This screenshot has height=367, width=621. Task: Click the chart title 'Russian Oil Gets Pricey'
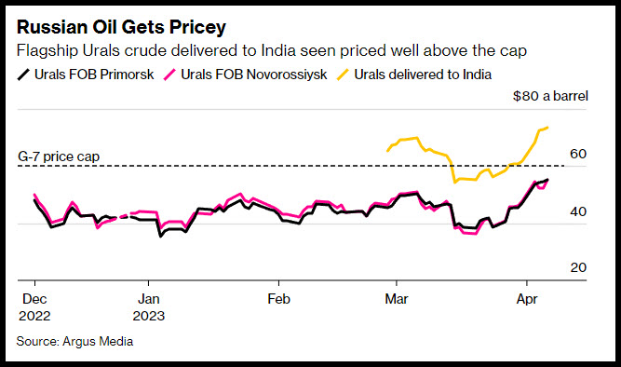click(x=121, y=27)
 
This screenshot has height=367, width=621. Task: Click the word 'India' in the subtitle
click(x=278, y=50)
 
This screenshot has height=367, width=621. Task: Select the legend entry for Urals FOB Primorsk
click(x=86, y=75)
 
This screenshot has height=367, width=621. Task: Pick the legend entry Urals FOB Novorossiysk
click(x=246, y=75)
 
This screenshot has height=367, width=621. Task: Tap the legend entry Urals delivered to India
click(x=414, y=75)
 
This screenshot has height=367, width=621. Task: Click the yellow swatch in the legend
click(x=343, y=75)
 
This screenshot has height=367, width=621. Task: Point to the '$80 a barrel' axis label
click(x=550, y=96)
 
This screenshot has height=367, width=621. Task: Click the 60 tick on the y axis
click(x=578, y=154)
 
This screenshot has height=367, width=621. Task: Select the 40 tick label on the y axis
click(x=578, y=211)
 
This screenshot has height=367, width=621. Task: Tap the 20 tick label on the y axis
click(x=578, y=267)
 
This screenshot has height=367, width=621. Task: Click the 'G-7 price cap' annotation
click(x=59, y=156)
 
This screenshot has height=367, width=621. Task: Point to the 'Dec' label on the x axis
click(x=34, y=299)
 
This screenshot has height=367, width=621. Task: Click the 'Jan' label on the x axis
click(x=149, y=299)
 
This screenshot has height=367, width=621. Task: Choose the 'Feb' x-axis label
click(x=278, y=299)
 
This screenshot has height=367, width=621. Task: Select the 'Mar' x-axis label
click(x=397, y=299)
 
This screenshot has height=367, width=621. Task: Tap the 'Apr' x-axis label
click(x=527, y=299)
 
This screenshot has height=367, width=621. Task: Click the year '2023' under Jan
click(x=149, y=316)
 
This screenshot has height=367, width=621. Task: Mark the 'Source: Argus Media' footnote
click(x=74, y=341)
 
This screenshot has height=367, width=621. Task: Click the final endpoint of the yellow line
click(x=547, y=128)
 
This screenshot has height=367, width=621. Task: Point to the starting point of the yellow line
click(x=387, y=151)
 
